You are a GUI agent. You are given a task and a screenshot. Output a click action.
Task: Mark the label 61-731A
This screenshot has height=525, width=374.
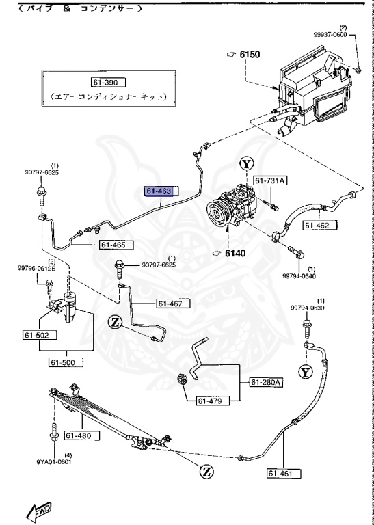(271, 180)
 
